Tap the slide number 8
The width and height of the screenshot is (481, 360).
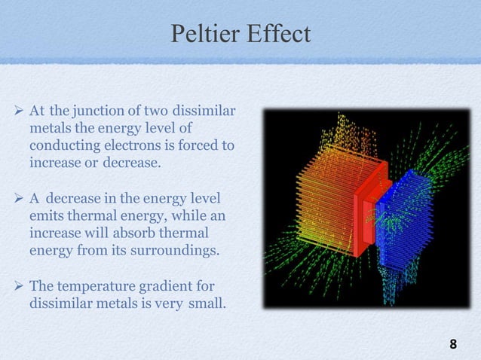pyautogui.click(x=452, y=345)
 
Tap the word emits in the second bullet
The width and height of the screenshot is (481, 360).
pyautogui.click(x=44, y=217)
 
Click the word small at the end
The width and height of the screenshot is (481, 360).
pyautogui.click(x=195, y=306)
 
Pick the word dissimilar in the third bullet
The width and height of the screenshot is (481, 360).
pyautogui.click(x=60, y=306)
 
